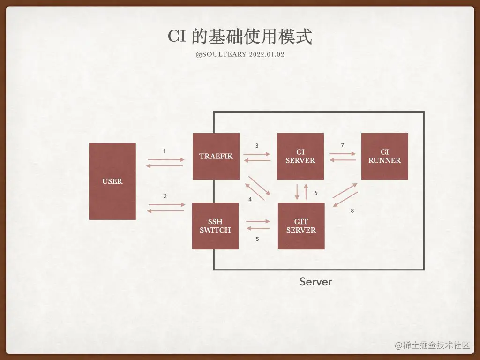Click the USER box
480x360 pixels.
click(112, 181)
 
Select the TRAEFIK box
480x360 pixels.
click(216, 156)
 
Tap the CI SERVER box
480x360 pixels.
click(300, 156)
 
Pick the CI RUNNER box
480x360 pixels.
click(384, 156)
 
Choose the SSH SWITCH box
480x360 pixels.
click(215, 226)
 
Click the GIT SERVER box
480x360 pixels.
click(301, 226)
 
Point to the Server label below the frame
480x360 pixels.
click(315, 282)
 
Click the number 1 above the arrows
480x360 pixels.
click(164, 151)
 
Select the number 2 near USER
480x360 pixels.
click(165, 196)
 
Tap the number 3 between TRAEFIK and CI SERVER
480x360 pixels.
click(257, 146)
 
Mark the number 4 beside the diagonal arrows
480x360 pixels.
click(250, 199)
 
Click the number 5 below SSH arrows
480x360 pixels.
click(257, 239)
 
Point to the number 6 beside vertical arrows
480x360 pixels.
click(316, 193)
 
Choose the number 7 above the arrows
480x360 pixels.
click(342, 145)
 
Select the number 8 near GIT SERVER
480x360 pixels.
click(352, 211)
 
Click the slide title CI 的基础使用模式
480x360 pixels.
click(240, 37)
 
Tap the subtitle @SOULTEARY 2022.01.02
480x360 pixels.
click(240, 55)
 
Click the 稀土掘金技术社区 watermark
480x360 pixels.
click(432, 345)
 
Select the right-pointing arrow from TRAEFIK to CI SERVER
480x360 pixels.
click(257, 154)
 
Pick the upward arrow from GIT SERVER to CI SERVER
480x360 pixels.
click(306, 191)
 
